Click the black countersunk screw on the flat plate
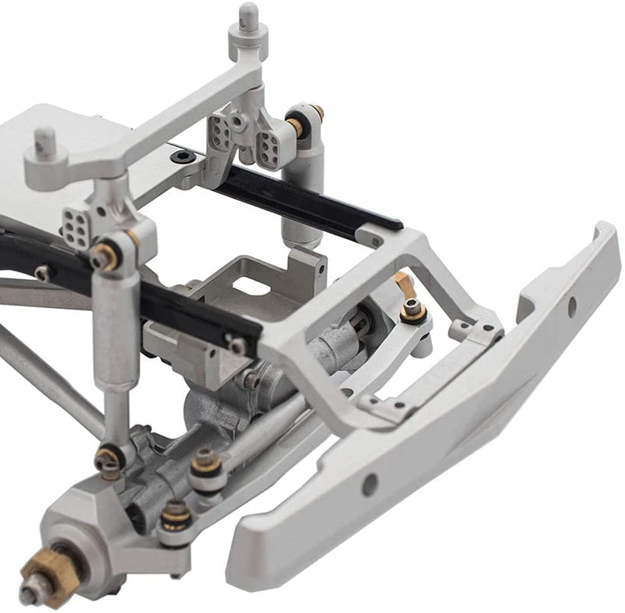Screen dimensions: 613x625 [x=183, y=156]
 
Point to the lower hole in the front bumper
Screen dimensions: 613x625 [x=370, y=484]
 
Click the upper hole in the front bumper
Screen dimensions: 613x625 [x=571, y=306]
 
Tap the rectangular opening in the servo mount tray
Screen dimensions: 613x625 [x=248, y=286]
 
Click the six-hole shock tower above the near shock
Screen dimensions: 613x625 [x=77, y=228]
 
